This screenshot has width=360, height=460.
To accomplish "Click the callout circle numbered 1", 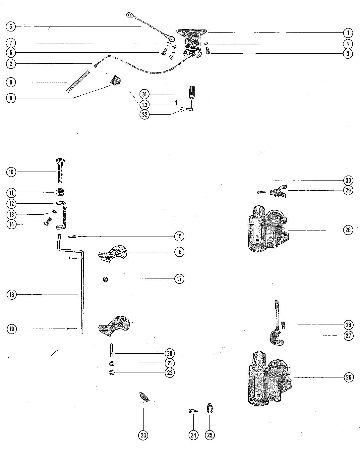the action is (x=348, y=33).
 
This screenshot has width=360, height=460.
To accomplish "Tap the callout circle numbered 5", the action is (x=11, y=26).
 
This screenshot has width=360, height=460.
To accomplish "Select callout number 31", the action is (x=145, y=94).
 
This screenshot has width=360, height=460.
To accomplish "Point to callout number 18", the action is (x=12, y=294).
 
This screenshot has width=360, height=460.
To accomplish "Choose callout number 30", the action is (x=348, y=180).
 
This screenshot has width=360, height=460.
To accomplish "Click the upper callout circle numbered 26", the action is (x=348, y=230).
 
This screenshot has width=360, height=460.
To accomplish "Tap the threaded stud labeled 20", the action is (x=111, y=351).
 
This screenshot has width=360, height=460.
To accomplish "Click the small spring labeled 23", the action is (x=144, y=396).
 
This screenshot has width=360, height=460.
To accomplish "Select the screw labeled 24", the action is (x=193, y=411).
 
